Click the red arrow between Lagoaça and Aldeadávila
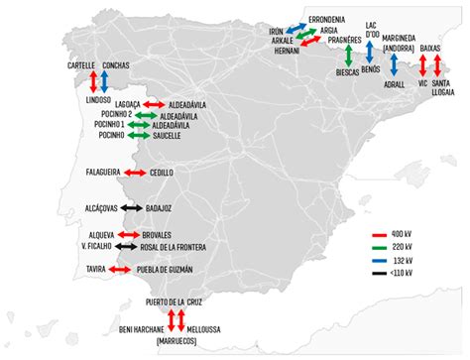point(155,104)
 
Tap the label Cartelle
point(81,65)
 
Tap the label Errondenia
point(327,19)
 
